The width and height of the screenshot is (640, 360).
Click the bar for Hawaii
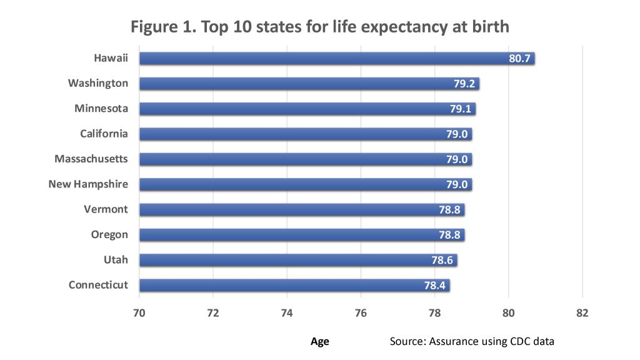[x=325, y=58]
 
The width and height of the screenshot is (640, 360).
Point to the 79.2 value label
[x=464, y=84]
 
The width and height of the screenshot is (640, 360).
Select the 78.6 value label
[x=442, y=260]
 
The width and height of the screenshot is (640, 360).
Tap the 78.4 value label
[x=434, y=286]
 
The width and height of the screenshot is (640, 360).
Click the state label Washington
[x=98, y=83]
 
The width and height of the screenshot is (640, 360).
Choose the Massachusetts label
[x=91, y=159]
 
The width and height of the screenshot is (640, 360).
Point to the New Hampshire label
[x=88, y=184]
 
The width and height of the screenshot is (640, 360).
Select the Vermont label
[x=106, y=209]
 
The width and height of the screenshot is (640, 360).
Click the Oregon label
[x=109, y=234]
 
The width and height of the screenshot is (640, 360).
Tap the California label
[x=104, y=134]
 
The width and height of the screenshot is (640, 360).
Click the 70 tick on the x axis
[x=139, y=312]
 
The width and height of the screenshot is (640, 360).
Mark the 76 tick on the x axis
[x=361, y=312]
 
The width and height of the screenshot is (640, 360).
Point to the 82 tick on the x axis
[x=582, y=312]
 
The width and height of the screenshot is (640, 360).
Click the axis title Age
[x=319, y=341]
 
